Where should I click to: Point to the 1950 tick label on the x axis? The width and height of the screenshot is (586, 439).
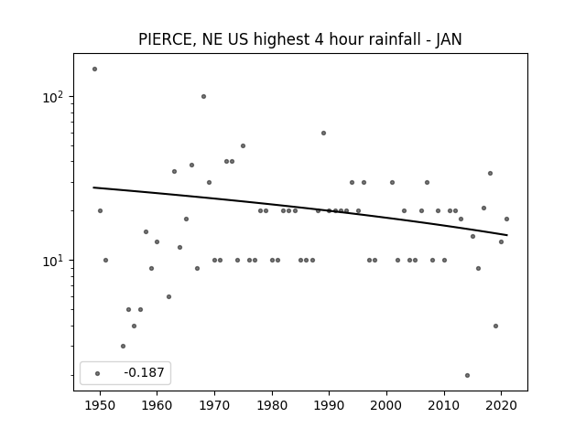click(100, 405)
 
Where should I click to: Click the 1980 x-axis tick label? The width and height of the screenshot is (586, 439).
click(272, 405)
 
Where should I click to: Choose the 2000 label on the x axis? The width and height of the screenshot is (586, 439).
click(386, 405)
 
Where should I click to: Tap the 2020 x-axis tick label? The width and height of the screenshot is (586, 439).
click(502, 405)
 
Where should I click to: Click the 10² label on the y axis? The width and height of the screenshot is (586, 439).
click(53, 97)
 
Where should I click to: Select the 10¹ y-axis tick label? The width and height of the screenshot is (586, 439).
click(53, 261)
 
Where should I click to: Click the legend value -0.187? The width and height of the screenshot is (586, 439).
click(144, 372)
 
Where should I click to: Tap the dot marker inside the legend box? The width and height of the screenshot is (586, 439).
click(98, 373)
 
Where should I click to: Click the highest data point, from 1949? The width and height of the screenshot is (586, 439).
click(94, 70)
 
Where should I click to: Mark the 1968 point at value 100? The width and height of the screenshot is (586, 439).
click(203, 97)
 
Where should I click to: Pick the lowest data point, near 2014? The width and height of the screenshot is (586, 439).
click(467, 376)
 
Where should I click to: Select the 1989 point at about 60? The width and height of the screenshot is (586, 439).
click(323, 134)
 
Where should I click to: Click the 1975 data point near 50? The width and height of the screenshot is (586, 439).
click(243, 146)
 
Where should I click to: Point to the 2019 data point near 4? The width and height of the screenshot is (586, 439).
click(495, 326)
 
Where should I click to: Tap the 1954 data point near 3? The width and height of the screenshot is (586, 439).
click(123, 346)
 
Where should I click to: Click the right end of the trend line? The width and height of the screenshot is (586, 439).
click(507, 235)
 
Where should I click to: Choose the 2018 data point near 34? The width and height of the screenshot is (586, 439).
click(491, 173)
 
